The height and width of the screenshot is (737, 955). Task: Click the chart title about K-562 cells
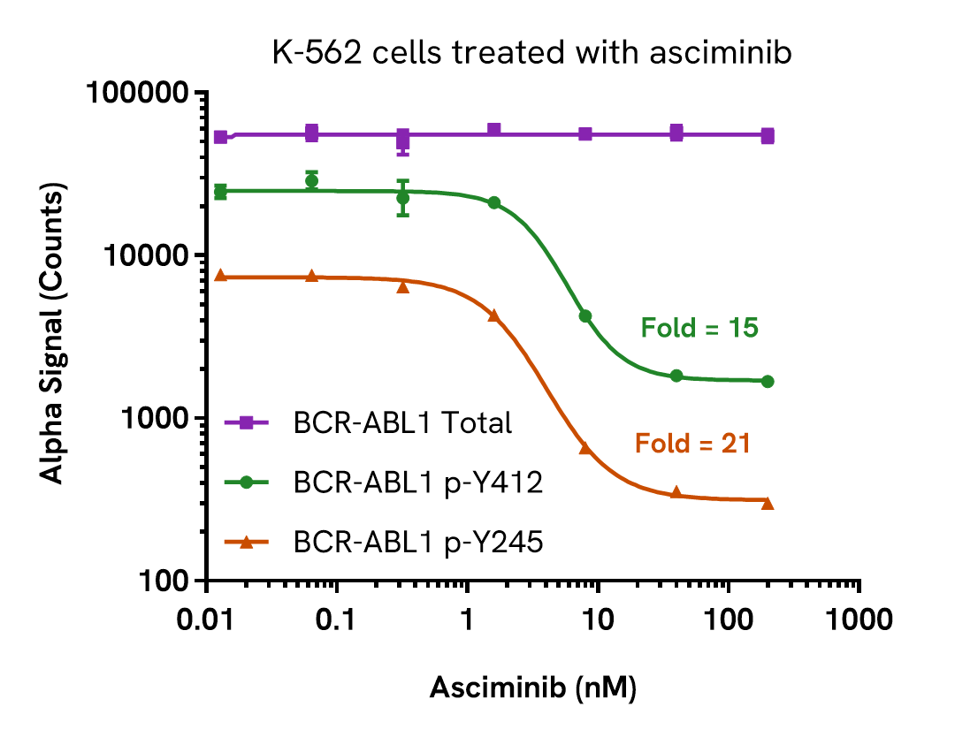pyautogui.click(x=531, y=52)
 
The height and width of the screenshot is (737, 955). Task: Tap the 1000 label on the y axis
pyautogui.click(x=154, y=419)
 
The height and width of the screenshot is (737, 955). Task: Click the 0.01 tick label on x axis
pyautogui.click(x=206, y=619)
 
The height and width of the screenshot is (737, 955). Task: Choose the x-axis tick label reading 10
pyautogui.click(x=598, y=619)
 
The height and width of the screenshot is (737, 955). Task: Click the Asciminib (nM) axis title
pyautogui.click(x=533, y=688)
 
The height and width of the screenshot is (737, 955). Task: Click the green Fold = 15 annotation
pyautogui.click(x=699, y=329)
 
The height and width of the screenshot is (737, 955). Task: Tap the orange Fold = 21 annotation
pyautogui.click(x=692, y=444)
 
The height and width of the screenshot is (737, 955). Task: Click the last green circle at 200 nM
pyautogui.click(x=768, y=382)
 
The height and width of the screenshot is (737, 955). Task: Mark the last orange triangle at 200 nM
pyautogui.click(x=768, y=504)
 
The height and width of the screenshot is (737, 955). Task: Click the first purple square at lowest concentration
pyautogui.click(x=221, y=137)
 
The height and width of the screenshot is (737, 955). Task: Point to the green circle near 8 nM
pyautogui.click(x=585, y=315)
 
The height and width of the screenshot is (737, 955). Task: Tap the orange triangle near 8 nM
pyautogui.click(x=585, y=448)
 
